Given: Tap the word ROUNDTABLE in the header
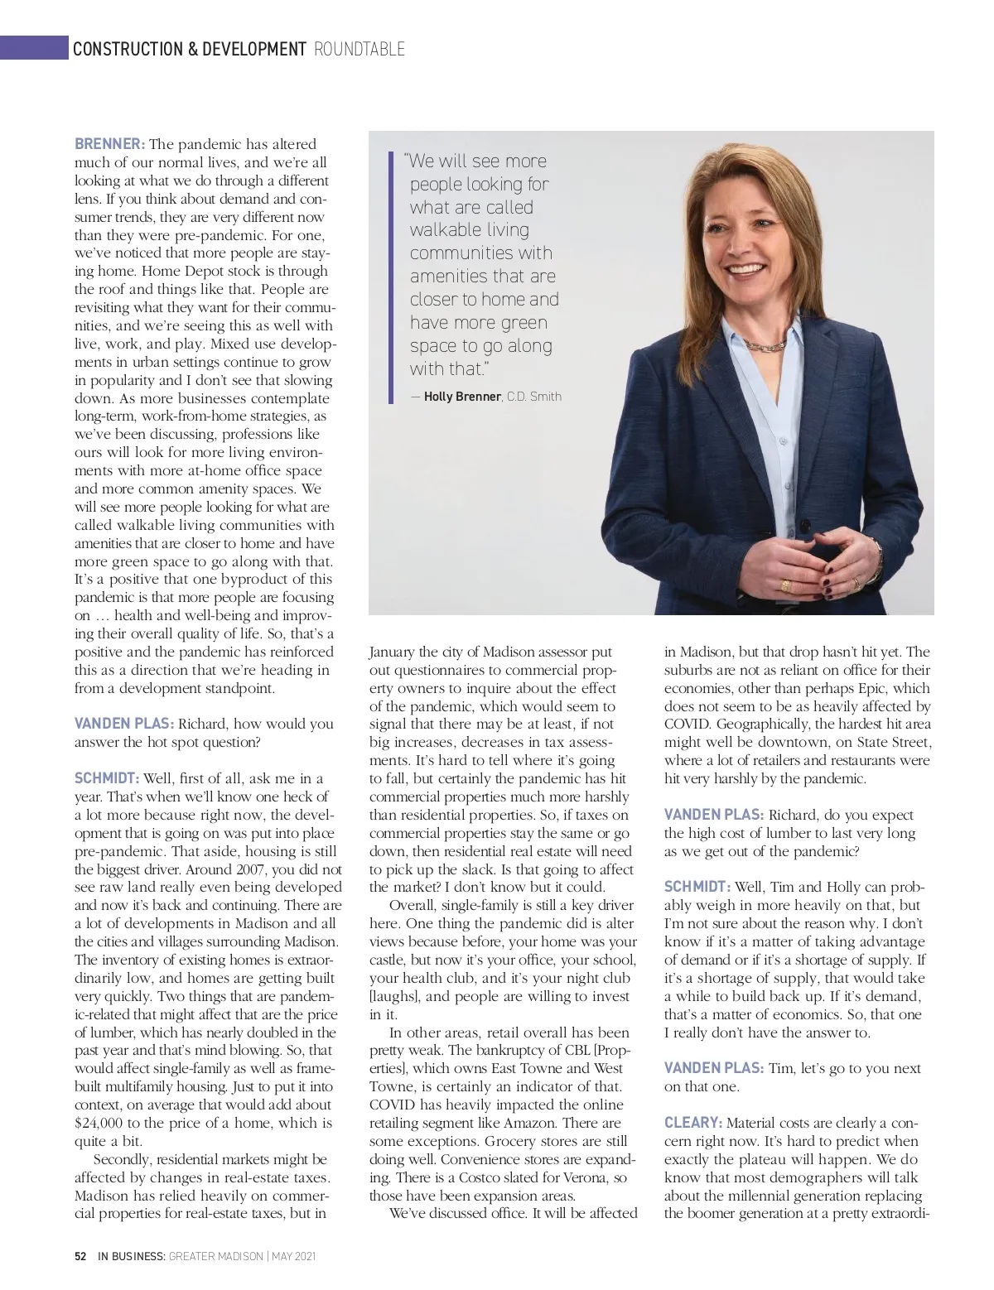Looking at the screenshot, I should [x=359, y=50].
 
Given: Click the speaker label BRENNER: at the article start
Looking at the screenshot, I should [x=109, y=144].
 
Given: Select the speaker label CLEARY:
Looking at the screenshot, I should [x=693, y=1123].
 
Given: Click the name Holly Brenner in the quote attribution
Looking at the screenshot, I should [x=462, y=397].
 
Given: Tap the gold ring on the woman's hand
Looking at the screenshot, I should [x=785, y=585].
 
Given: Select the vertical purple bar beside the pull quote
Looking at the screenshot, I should [x=391, y=277].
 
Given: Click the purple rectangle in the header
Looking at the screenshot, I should [x=34, y=48].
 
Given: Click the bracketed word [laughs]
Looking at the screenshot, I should [x=395, y=996].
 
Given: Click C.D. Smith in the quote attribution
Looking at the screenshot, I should [x=534, y=397].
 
